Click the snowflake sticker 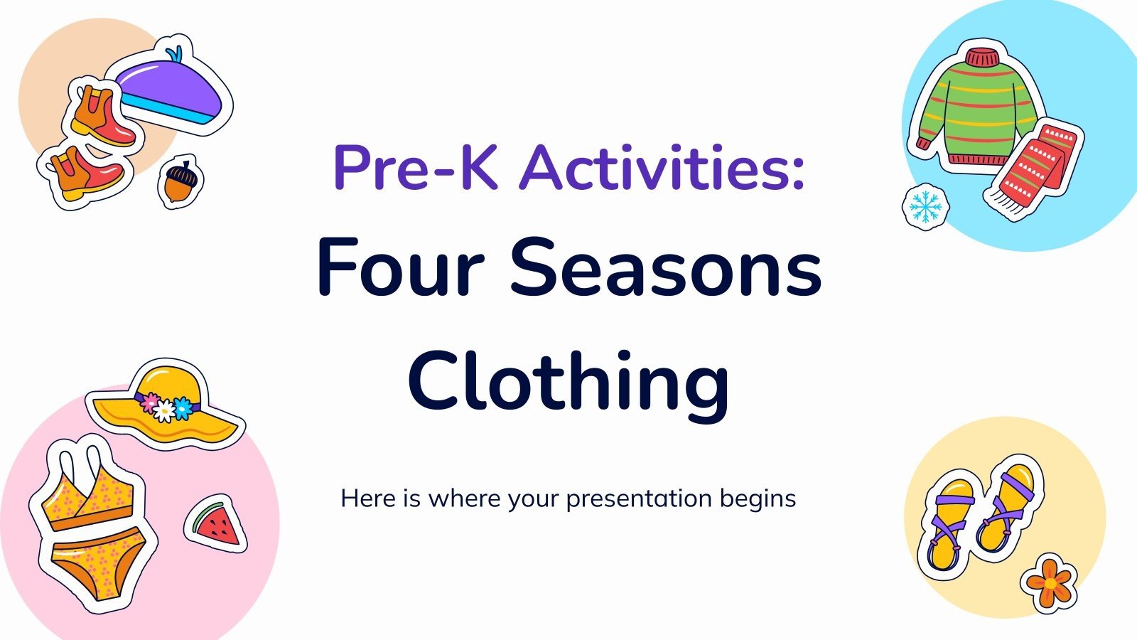(x=926, y=207)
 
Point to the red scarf (x=1034, y=167)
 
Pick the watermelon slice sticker (x=216, y=525)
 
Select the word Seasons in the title (x=666, y=269)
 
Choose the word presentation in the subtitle (x=639, y=498)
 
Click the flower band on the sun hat (x=165, y=406)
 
